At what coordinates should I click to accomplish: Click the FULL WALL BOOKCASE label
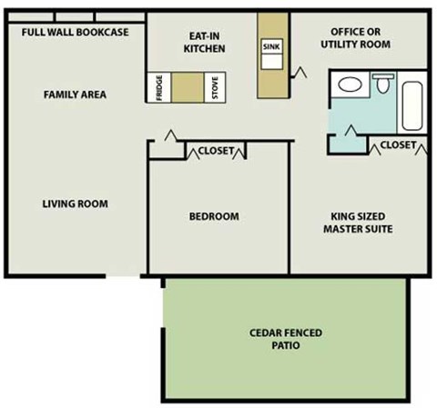point(75,33)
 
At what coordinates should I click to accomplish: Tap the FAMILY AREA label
point(75,94)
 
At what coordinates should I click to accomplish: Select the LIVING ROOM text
point(75,204)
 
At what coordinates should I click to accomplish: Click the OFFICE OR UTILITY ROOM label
point(361,36)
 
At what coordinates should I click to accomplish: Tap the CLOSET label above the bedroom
point(216,151)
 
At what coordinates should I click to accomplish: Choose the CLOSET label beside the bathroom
point(399,145)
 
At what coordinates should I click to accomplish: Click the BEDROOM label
point(214,216)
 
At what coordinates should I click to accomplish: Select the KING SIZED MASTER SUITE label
point(358,223)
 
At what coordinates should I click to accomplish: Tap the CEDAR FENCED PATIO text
point(286,339)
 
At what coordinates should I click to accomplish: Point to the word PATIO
point(286,346)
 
